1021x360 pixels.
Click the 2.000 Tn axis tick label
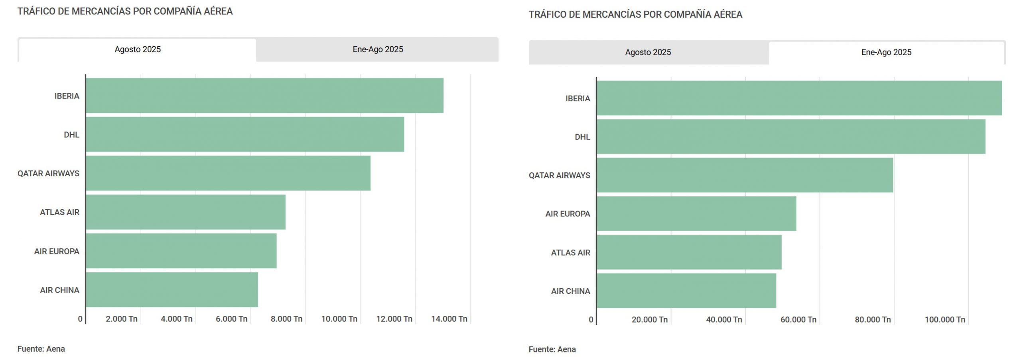pyautogui.click(x=121, y=319)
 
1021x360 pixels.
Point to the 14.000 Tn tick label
pyautogui.click(x=449, y=319)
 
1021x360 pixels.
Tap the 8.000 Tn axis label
pyautogui.click(x=286, y=319)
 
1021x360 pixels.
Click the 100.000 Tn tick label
pyautogui.click(x=944, y=319)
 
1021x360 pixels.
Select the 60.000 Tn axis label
pyautogui.click(x=798, y=319)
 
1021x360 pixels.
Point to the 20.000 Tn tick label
pyautogui.click(x=649, y=319)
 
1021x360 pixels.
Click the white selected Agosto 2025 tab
pyautogui.click(x=138, y=49)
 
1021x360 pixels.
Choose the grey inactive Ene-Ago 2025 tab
pyautogui.click(x=377, y=49)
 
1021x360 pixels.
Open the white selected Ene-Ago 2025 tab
pyautogui.click(x=886, y=52)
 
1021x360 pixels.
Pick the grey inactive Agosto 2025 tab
pyautogui.click(x=648, y=52)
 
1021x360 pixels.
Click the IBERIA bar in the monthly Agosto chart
pyautogui.click(x=264, y=96)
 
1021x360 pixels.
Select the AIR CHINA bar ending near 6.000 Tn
pyautogui.click(x=172, y=290)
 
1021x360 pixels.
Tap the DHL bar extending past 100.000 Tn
pyautogui.click(x=791, y=137)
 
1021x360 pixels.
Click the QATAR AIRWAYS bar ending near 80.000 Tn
pyautogui.click(x=745, y=175)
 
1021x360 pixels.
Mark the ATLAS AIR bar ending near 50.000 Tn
pyautogui.click(x=689, y=252)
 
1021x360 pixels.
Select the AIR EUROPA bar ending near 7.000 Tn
pyautogui.click(x=181, y=251)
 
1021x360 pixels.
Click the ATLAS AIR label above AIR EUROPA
pyautogui.click(x=59, y=212)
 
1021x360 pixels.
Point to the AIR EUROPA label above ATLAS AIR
pyautogui.click(x=567, y=214)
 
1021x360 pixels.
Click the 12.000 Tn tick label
pyautogui.click(x=394, y=319)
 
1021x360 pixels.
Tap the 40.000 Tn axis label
pyautogui.click(x=723, y=319)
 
